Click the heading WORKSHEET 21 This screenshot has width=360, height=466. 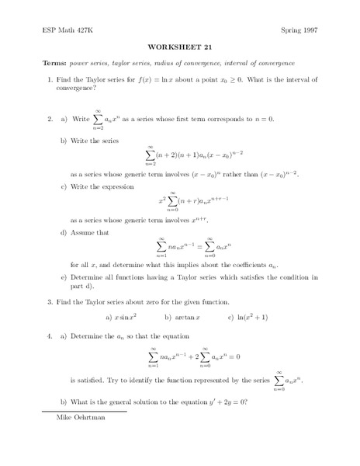[x=179, y=46]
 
